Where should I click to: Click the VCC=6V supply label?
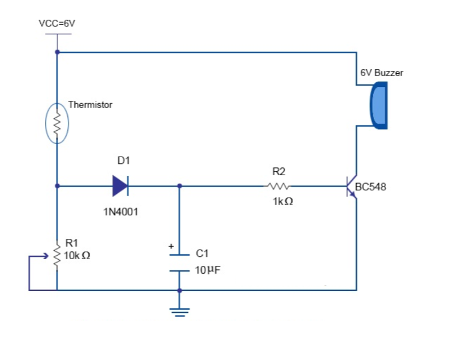click(x=57, y=23)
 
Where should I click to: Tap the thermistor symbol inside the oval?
click(x=57, y=124)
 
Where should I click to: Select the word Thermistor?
click(x=90, y=105)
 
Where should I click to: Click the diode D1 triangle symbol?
click(x=121, y=186)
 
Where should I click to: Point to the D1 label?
click(x=124, y=160)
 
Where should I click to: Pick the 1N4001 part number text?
click(x=121, y=212)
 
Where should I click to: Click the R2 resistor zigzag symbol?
click(x=277, y=186)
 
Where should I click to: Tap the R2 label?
click(x=279, y=171)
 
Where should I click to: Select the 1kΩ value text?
click(x=283, y=202)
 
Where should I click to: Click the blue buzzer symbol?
click(x=379, y=106)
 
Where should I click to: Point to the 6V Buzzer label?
click(x=382, y=73)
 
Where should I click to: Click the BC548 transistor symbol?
click(x=352, y=186)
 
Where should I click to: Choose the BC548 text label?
click(x=370, y=187)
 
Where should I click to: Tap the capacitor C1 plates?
click(x=179, y=263)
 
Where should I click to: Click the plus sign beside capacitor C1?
click(x=171, y=246)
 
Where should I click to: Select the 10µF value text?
click(x=208, y=270)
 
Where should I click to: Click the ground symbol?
click(x=179, y=313)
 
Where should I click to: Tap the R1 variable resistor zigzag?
click(x=57, y=256)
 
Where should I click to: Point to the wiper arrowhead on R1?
click(x=46, y=256)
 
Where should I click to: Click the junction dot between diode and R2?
click(x=179, y=186)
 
